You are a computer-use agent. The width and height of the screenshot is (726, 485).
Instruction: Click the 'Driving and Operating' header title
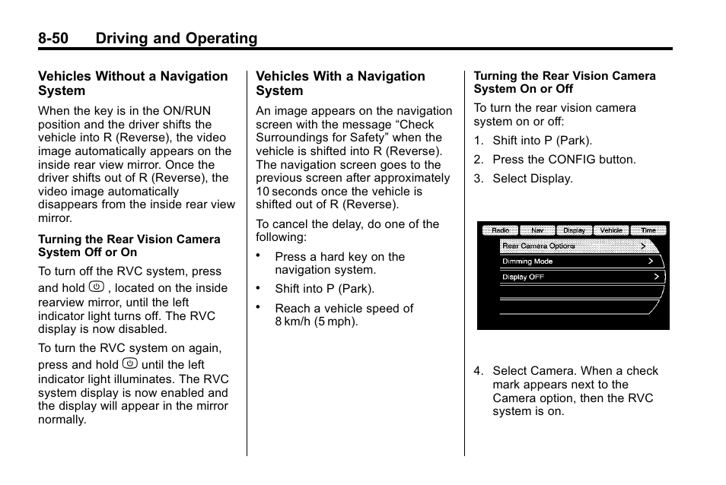click(177, 38)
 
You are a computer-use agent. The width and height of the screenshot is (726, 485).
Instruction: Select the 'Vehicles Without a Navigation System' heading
click(133, 83)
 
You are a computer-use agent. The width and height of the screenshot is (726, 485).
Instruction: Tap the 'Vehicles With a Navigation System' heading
click(340, 83)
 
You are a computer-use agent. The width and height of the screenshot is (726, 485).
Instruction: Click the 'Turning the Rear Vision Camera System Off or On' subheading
click(129, 246)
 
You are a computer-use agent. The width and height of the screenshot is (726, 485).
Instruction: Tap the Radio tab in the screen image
click(500, 230)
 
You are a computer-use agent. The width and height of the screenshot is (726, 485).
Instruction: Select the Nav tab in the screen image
click(537, 230)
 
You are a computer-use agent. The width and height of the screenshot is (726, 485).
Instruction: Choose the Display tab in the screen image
click(574, 230)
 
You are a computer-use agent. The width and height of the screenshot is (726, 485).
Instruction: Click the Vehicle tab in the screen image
click(611, 230)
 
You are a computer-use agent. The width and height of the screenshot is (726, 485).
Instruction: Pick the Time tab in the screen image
click(648, 230)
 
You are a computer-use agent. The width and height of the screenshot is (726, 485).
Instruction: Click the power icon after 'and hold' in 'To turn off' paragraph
click(96, 287)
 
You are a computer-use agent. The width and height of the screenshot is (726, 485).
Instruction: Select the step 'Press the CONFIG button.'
click(563, 160)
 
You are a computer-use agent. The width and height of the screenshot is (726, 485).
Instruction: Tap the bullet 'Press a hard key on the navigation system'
click(339, 263)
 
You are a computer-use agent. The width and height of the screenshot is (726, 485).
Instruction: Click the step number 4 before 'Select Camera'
click(478, 371)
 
